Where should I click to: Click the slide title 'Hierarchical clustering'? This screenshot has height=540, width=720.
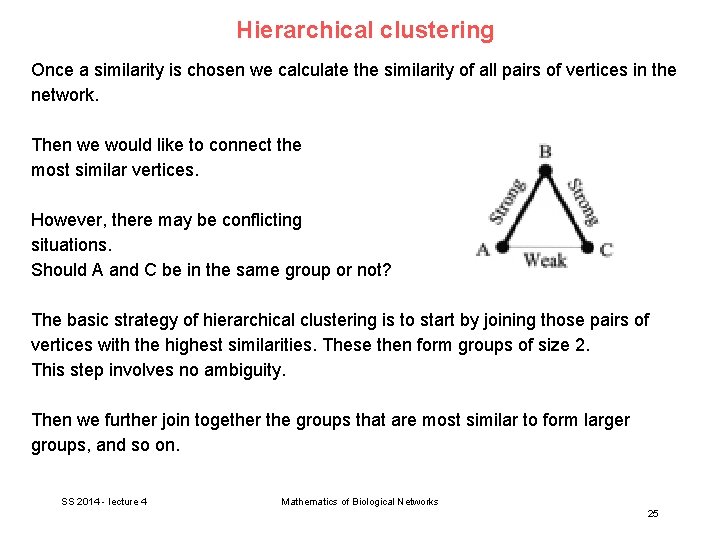coord(365,30)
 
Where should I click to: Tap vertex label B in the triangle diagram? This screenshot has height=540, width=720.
coord(545,152)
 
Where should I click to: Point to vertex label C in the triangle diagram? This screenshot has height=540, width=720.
coord(606,250)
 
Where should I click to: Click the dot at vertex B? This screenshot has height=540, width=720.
coord(545,171)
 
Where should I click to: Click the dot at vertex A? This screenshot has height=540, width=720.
coord(503,246)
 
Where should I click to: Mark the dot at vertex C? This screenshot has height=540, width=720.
coord(588,246)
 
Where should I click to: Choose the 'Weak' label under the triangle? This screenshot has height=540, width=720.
coord(545,261)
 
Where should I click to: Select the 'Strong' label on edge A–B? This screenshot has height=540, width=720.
coord(508,201)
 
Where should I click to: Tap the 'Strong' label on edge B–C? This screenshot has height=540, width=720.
coord(583,201)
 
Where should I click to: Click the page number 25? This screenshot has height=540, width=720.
coord(653,513)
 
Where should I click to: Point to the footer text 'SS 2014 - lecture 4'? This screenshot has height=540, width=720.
coord(104,501)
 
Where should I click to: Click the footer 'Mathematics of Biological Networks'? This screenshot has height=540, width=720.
coord(360,501)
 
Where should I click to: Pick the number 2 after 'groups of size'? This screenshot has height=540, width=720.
coord(584,345)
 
